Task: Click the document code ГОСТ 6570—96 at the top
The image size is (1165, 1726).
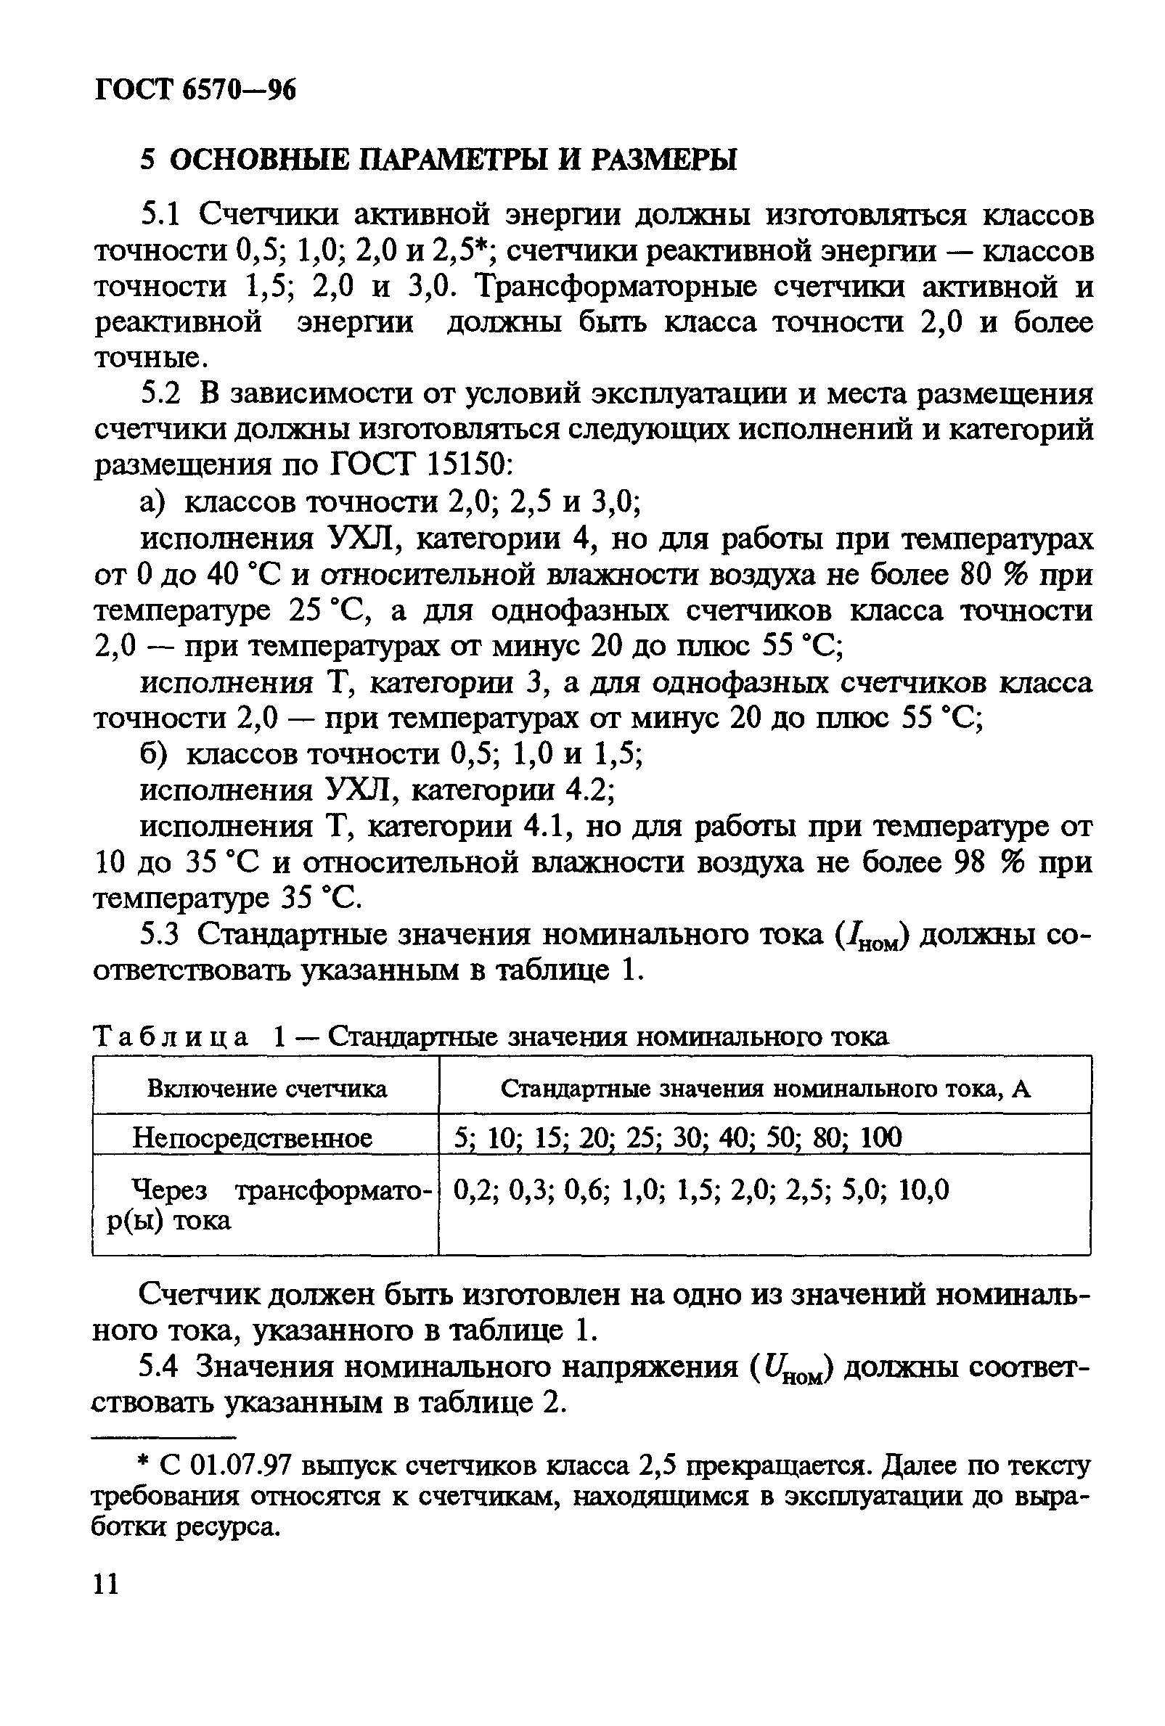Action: [x=195, y=90]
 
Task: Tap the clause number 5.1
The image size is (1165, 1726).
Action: [x=160, y=216]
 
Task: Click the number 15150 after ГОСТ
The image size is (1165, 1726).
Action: [x=465, y=466]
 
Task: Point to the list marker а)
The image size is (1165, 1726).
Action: [x=153, y=503]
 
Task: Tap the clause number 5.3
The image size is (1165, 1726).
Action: [x=160, y=935]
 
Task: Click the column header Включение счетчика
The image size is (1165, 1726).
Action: [x=266, y=1089]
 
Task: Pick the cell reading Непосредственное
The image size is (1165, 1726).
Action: [x=253, y=1138]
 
